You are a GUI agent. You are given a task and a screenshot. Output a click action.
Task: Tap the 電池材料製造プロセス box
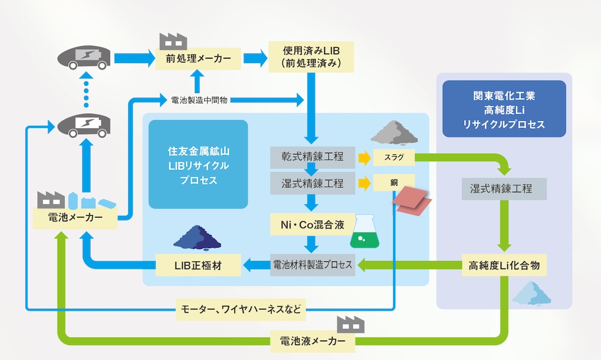pos(313,264)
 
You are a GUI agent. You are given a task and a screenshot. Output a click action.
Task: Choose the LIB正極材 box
pos(198,264)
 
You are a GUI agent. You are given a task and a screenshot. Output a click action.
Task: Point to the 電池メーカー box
pos(74,218)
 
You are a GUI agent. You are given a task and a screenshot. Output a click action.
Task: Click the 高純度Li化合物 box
pos(504,264)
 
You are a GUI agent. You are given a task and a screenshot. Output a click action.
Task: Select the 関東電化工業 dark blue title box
pos(504,109)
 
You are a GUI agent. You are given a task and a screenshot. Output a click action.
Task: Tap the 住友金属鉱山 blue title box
pos(198,164)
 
